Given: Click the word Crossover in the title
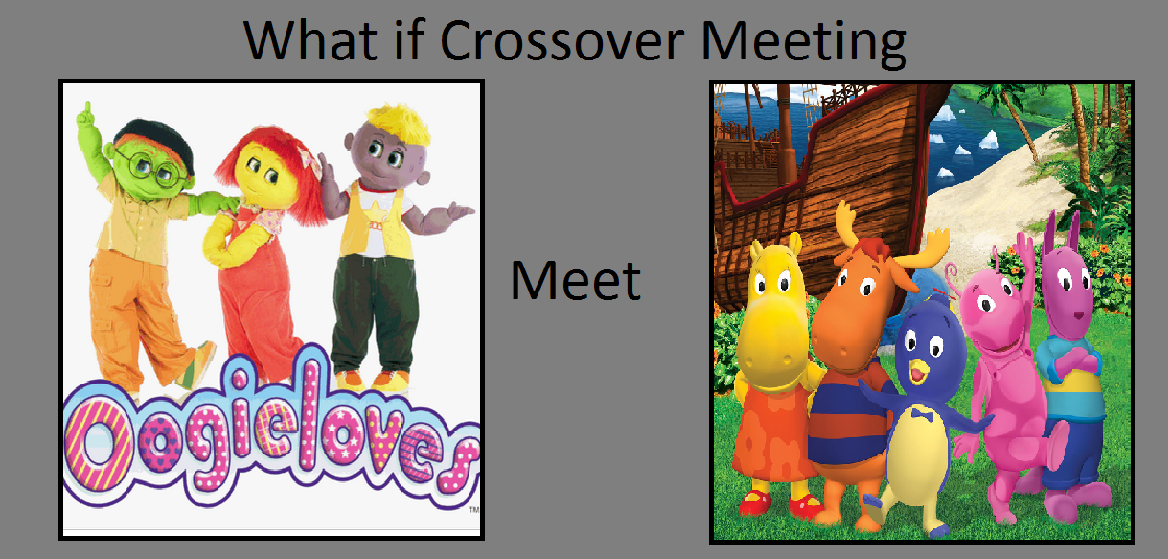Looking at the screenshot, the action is pos(562,40).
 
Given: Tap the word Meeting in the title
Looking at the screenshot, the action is pos(804,44).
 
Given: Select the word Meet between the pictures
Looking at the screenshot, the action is pos(576,281).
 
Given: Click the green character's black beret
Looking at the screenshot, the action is pos(155,141).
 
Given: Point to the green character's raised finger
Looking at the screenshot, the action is pos(87,111).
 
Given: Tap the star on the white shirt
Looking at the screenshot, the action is pos(376,208).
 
